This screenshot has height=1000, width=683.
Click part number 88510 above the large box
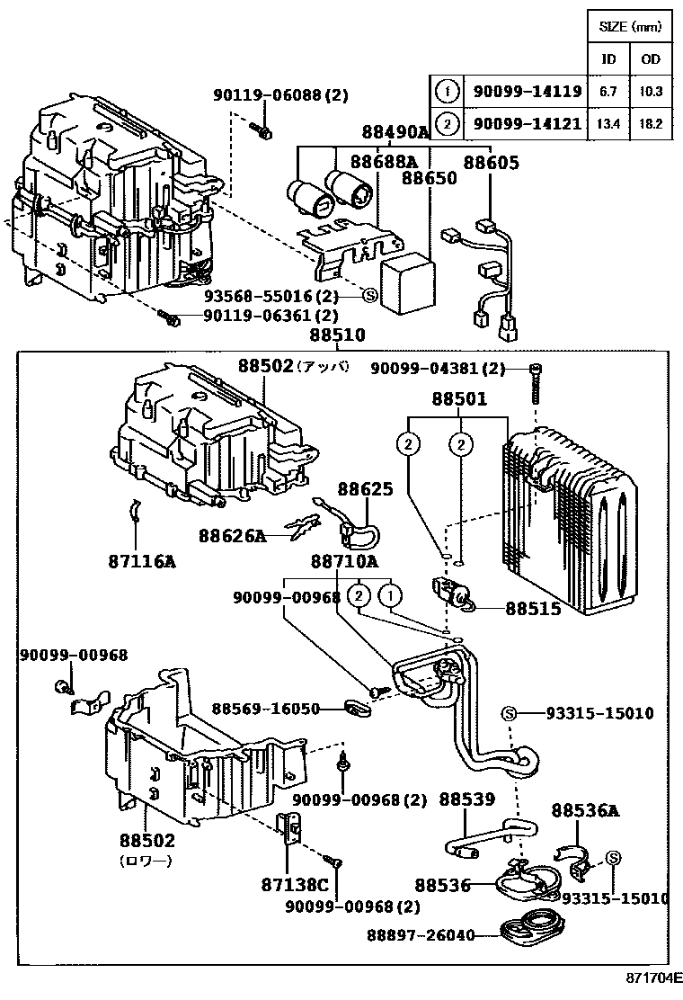click(338, 335)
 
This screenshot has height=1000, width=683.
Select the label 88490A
click(395, 132)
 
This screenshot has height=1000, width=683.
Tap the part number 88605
click(491, 162)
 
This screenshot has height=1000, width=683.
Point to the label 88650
click(430, 178)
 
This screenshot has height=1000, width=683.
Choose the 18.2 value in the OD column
click(651, 123)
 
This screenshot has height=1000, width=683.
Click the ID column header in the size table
click(608, 59)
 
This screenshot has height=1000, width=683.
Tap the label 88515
click(533, 609)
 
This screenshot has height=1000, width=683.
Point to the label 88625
click(365, 489)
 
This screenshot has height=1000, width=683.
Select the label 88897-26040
click(420, 935)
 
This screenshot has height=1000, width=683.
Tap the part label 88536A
click(585, 810)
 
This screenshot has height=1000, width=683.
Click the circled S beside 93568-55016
click(368, 295)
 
